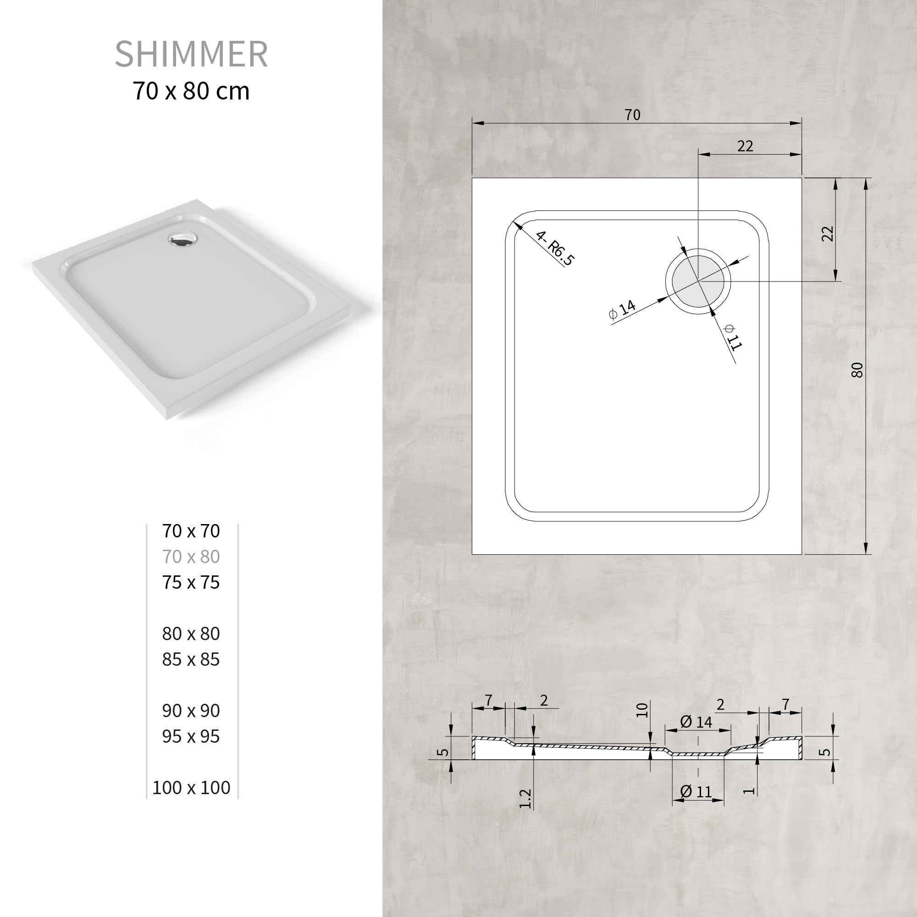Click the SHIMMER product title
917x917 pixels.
pyautogui.click(x=191, y=54)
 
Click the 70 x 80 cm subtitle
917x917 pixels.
pyautogui.click(x=191, y=91)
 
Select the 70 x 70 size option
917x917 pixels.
pyautogui.click(x=191, y=531)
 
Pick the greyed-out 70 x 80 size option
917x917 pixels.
pyautogui.click(x=191, y=557)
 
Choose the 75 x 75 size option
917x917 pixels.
pyautogui.click(x=191, y=582)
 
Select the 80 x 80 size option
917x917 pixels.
pyautogui.click(x=191, y=634)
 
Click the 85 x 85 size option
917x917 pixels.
pyautogui.click(x=191, y=659)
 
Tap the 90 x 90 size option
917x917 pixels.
pyautogui.click(x=191, y=711)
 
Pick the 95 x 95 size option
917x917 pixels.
pyautogui.click(x=191, y=736)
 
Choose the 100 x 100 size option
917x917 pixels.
pyautogui.click(x=191, y=787)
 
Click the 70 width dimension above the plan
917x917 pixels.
pyautogui.click(x=632, y=115)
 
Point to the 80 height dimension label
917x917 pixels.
pyautogui.click(x=857, y=370)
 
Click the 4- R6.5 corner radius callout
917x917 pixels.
pyautogui.click(x=554, y=247)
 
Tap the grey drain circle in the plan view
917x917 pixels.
pyautogui.click(x=698, y=281)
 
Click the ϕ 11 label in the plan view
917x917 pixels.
pyautogui.click(x=732, y=337)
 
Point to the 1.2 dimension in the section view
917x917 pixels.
pyautogui.click(x=525, y=798)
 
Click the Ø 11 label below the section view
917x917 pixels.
pyautogui.click(x=696, y=791)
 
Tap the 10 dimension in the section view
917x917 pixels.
pyautogui.click(x=642, y=710)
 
